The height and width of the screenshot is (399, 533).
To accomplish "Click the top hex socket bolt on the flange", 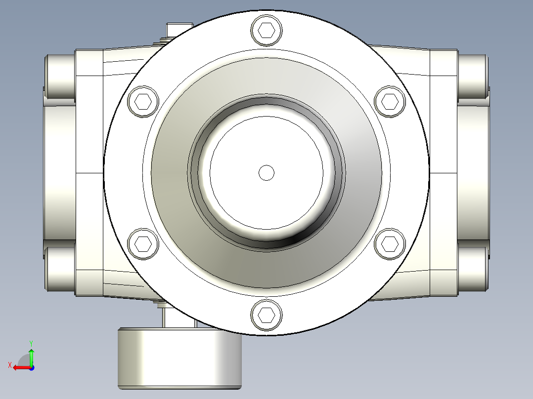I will click(x=266, y=31).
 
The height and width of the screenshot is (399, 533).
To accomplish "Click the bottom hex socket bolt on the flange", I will click(x=266, y=315).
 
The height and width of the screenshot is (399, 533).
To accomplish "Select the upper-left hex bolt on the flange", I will click(x=143, y=102).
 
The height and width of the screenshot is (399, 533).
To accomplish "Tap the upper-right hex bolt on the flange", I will click(x=390, y=102).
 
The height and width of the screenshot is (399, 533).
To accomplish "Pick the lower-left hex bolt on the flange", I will click(x=143, y=243).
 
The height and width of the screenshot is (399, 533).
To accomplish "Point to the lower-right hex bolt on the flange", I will click(x=390, y=243).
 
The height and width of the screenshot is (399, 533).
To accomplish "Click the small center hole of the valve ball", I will click(x=266, y=172).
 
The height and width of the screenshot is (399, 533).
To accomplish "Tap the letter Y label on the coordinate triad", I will click(x=31, y=342).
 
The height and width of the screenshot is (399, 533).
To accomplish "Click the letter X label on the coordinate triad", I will click(x=9, y=365).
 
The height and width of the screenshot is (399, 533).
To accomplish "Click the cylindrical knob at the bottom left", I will click(x=179, y=359).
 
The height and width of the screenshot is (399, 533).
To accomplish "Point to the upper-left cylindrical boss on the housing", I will click(x=59, y=76).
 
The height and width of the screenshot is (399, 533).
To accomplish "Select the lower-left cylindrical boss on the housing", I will click(x=59, y=269).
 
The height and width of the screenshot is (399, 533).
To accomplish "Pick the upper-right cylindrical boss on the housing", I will click(x=473, y=76).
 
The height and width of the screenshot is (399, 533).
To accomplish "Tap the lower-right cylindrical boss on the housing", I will click(x=473, y=269).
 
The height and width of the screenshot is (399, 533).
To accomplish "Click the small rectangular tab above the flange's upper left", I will click(x=179, y=30).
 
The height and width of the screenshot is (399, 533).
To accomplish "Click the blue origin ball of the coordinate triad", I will click(x=31, y=367).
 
